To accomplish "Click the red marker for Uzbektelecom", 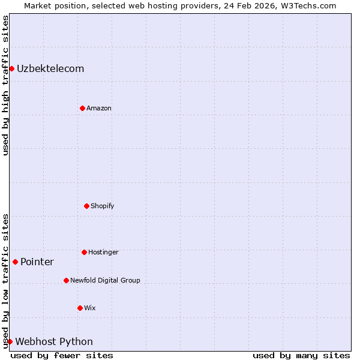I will [x=11, y=68].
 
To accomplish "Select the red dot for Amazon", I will [x=82, y=108].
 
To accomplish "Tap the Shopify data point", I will [x=86, y=206].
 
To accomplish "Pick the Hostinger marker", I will [x=84, y=252].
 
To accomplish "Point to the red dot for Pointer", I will [x=15, y=262].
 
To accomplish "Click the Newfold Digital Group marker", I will [x=66, y=280].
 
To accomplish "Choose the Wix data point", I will [x=80, y=308].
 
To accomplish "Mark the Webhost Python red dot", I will [x=10, y=341].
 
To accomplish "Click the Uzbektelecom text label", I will [x=50, y=68].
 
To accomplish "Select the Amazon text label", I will [x=99, y=108].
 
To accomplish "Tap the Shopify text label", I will [x=103, y=206].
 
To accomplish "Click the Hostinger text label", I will [x=103, y=252].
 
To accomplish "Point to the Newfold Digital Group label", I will [x=105, y=280].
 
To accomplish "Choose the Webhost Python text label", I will [x=54, y=341].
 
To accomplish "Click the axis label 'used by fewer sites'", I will [x=62, y=355].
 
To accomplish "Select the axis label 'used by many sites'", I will [x=301, y=355].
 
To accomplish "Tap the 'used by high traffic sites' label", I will [x=5, y=85].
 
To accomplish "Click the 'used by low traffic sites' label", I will [x=5, y=280].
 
